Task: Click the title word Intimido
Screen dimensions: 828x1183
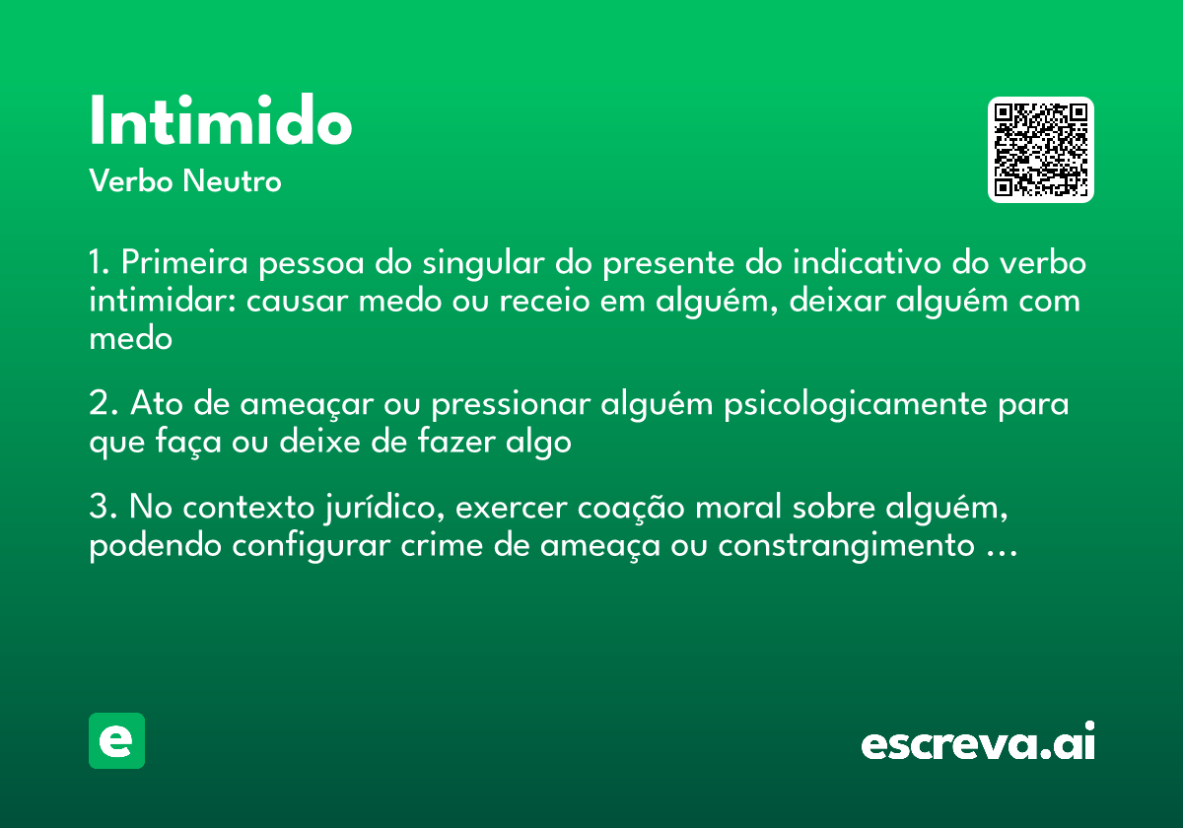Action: click(x=220, y=122)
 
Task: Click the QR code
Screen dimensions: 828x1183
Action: click(x=1040, y=150)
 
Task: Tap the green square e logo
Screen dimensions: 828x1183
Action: click(x=116, y=740)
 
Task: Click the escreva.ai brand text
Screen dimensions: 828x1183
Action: click(x=978, y=742)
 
